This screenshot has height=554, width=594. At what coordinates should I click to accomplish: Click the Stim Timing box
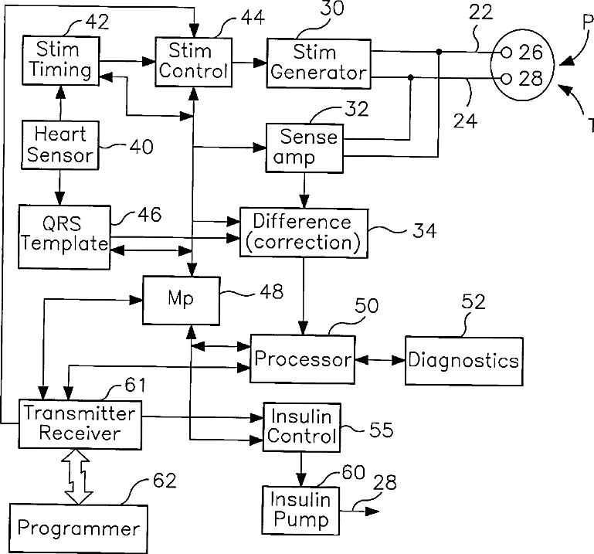point(57,60)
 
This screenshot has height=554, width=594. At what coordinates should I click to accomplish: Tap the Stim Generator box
point(317,63)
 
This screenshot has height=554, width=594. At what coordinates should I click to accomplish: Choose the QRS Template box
point(64,233)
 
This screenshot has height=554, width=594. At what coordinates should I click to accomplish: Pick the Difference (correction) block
point(302,233)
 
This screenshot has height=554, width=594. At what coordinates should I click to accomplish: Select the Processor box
point(302,359)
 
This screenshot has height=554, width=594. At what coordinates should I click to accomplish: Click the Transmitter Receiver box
point(80,423)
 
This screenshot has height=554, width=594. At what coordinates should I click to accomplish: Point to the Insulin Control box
point(302,426)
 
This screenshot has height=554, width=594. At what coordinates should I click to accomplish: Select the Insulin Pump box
point(300,509)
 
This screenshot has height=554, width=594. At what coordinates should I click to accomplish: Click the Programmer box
point(78,529)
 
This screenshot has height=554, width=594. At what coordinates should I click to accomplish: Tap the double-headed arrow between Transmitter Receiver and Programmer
point(78,477)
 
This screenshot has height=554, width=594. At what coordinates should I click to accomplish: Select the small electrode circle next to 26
point(506,53)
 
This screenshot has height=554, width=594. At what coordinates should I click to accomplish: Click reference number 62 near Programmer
point(165,481)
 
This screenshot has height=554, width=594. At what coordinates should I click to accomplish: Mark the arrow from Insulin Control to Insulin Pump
point(301,469)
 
